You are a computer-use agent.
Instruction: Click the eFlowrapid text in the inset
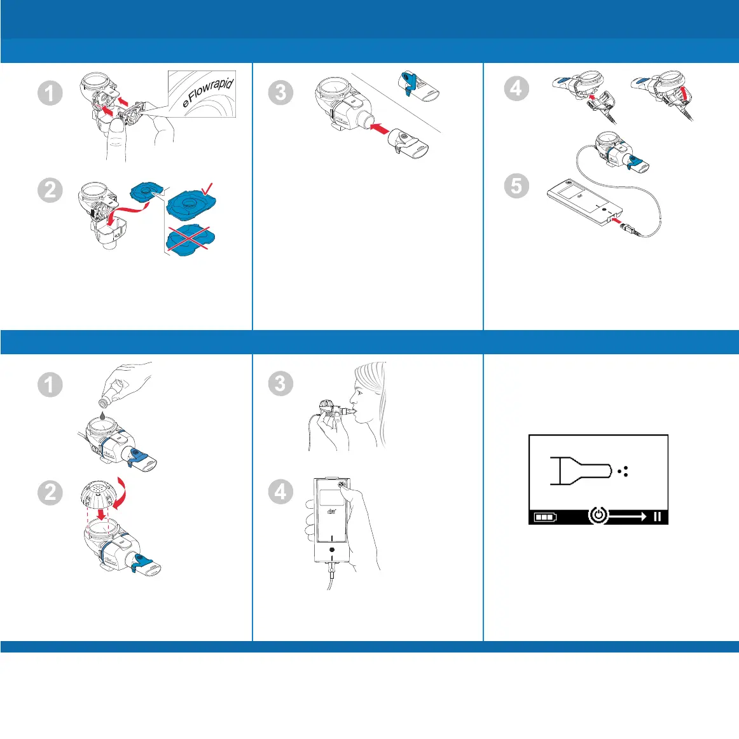tap(208, 92)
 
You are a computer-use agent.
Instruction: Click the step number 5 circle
tap(516, 186)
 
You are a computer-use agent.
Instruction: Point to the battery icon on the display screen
tap(544, 517)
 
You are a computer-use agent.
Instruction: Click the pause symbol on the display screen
tap(657, 516)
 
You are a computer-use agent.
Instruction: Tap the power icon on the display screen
tap(598, 516)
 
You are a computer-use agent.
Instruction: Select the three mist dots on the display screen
tap(624, 471)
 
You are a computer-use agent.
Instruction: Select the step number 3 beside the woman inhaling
tap(280, 383)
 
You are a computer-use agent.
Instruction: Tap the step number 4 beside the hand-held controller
tap(280, 492)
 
